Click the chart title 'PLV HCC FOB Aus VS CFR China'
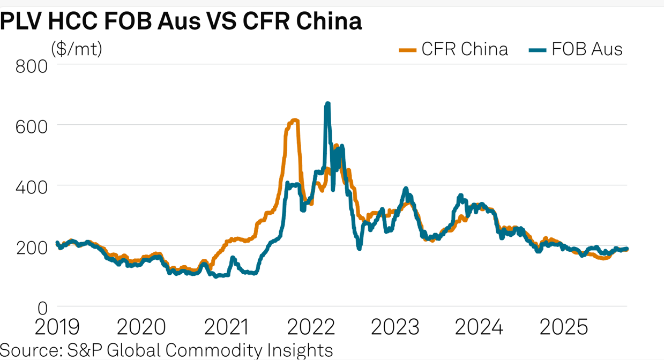click(x=181, y=21)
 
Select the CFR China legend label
click(x=464, y=49)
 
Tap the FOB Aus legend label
click(x=587, y=49)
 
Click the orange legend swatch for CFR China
click(x=408, y=50)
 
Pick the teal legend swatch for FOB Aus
click(x=538, y=50)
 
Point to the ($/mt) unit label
click(x=77, y=49)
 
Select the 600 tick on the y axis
click(x=32, y=126)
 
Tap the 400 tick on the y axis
click(x=32, y=187)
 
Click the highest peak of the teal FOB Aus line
click(x=327, y=104)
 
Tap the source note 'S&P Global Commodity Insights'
click(x=166, y=350)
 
